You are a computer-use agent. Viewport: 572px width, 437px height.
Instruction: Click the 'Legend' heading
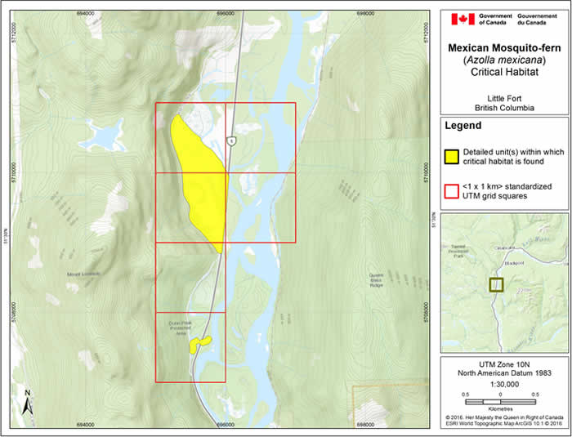[463, 127]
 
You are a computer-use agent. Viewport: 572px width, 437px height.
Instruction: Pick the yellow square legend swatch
[451, 157]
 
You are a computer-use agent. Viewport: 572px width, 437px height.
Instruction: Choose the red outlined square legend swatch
[451, 191]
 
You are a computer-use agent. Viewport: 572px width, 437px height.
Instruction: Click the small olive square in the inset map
[496, 284]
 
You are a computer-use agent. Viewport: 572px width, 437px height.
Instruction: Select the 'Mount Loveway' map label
[83, 274]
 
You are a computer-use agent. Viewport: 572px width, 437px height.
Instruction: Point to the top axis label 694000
[85, 11]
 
